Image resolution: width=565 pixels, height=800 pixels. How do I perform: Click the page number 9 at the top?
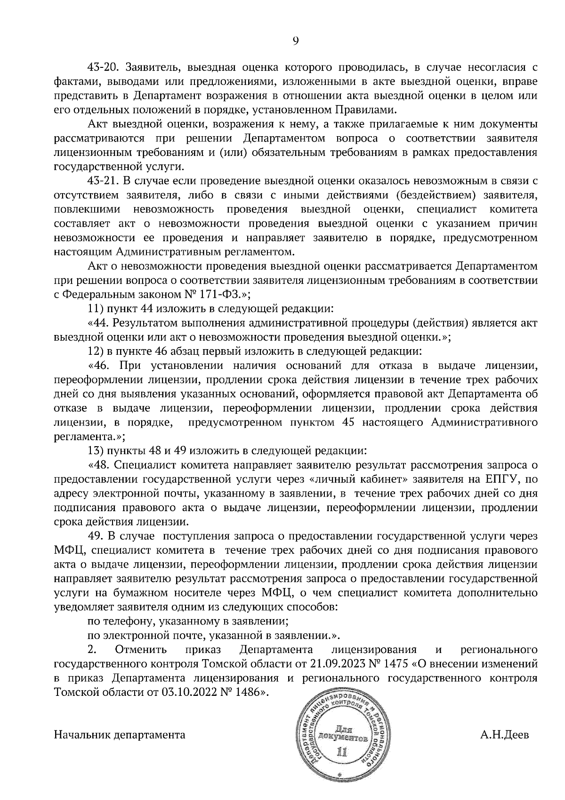[295, 41]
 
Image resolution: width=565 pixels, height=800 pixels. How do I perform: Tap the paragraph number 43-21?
[101, 181]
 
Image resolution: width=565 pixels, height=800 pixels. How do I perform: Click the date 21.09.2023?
[335, 664]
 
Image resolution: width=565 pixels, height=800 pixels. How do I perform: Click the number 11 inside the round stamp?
[342, 752]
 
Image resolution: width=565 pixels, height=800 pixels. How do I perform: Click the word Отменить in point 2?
[141, 650]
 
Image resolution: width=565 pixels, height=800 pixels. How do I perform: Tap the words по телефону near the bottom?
[115, 621]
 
